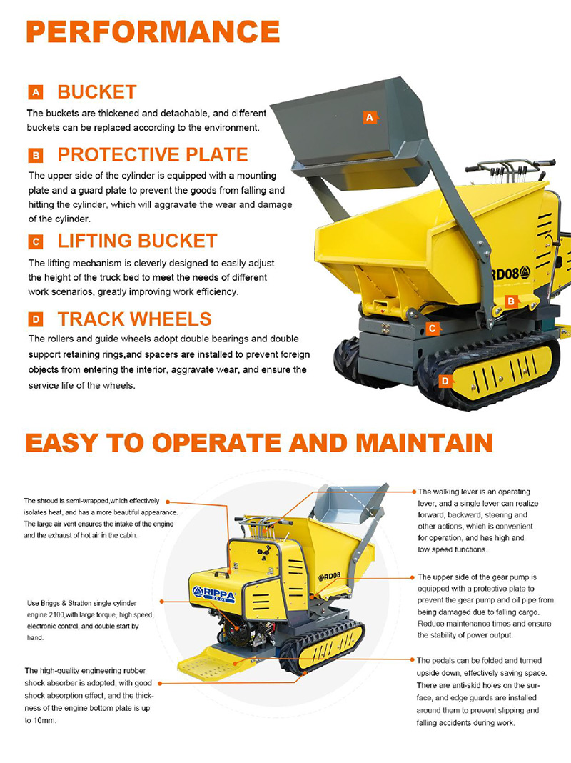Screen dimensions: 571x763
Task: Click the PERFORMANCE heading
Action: (153, 31)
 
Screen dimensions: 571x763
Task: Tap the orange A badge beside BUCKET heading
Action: (36, 92)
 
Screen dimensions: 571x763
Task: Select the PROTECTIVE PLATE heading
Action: (153, 155)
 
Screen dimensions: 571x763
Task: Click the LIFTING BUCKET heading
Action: (138, 241)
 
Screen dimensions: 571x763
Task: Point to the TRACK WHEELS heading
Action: (135, 319)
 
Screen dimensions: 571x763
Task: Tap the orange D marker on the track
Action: (445, 381)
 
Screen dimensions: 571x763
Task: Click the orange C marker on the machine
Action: (432, 329)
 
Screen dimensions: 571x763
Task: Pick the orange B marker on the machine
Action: (511, 301)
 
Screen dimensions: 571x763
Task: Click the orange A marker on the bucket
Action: (370, 117)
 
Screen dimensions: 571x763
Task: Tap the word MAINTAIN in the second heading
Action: (424, 443)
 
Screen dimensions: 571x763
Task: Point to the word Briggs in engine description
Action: (51, 603)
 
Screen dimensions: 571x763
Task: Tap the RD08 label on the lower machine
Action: (330, 577)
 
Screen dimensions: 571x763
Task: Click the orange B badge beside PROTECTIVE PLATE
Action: (36, 155)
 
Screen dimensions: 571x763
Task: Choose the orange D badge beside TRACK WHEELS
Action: (36, 319)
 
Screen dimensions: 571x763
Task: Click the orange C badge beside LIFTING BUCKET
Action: (36, 242)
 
